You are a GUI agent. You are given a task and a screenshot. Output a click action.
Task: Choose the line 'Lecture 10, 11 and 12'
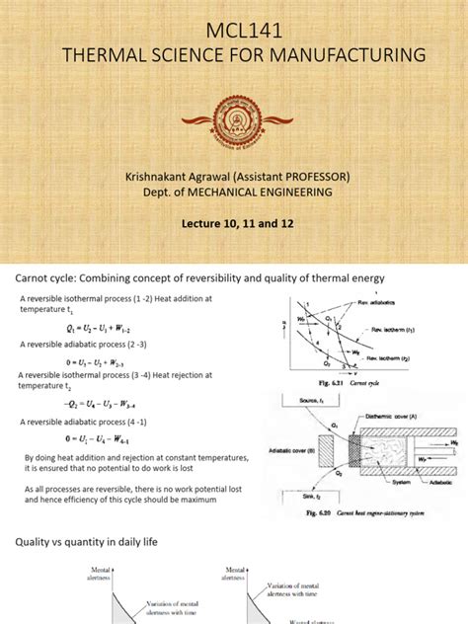(x=233, y=223)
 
